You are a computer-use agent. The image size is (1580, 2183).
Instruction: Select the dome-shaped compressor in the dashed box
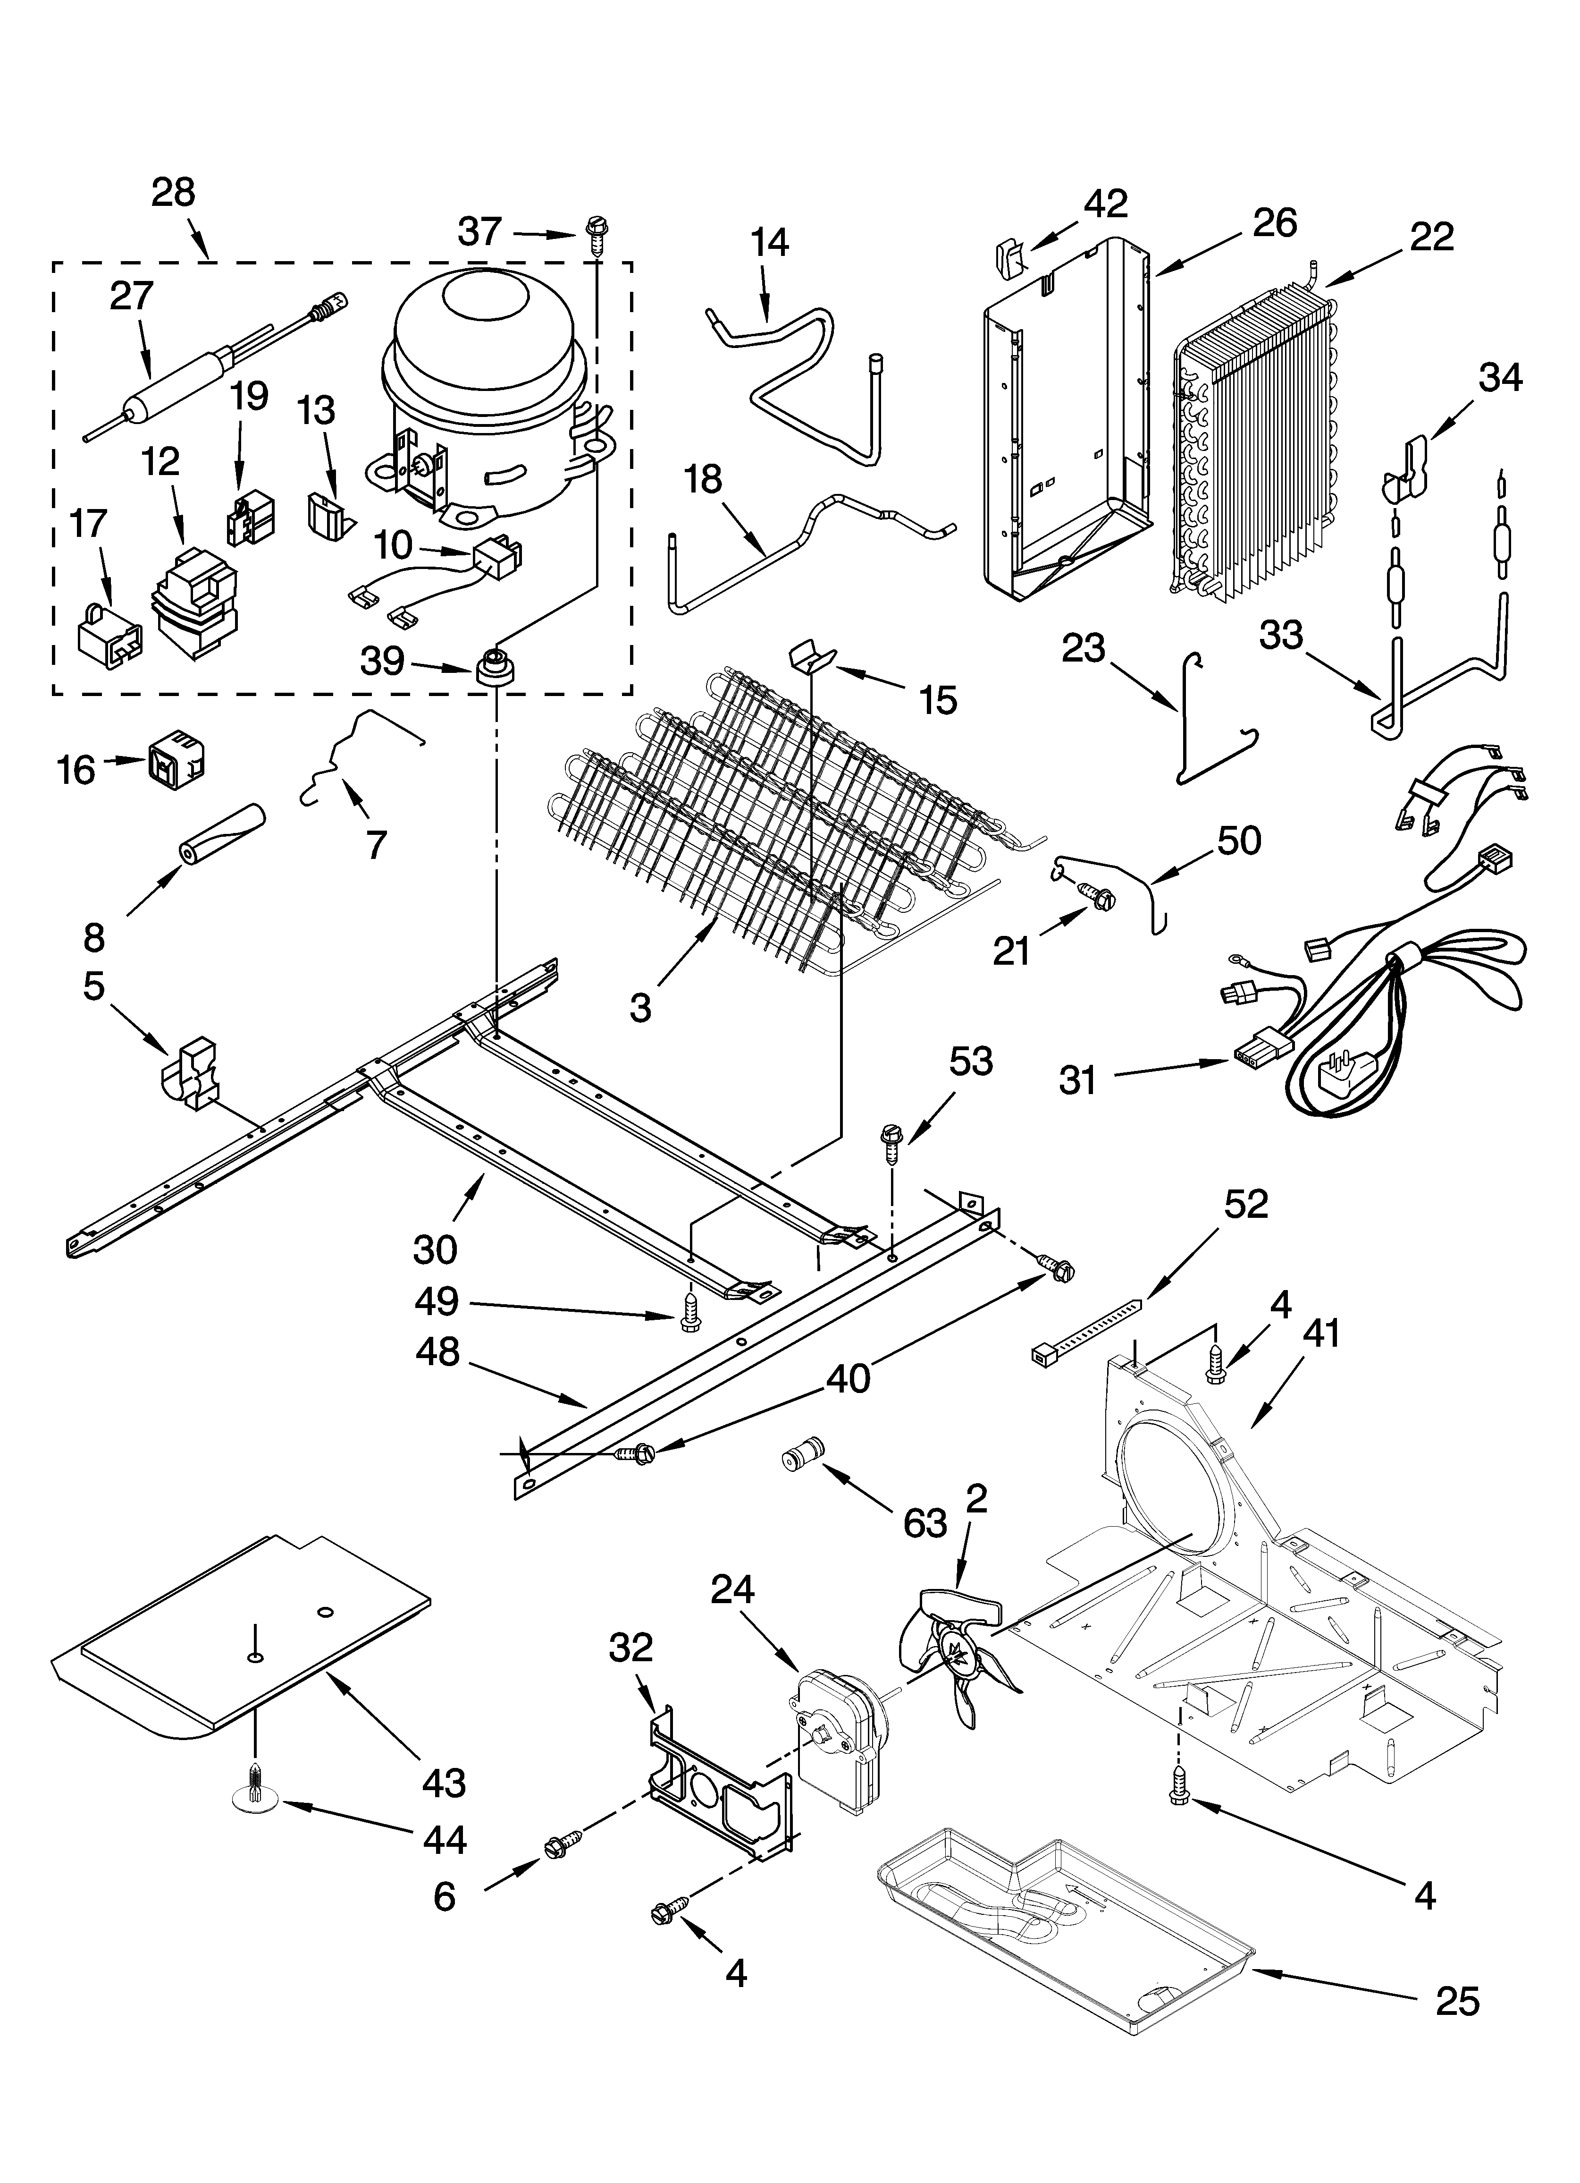(486, 385)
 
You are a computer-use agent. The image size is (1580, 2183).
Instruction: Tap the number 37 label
(479, 232)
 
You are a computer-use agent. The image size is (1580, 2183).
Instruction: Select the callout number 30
(435, 1249)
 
